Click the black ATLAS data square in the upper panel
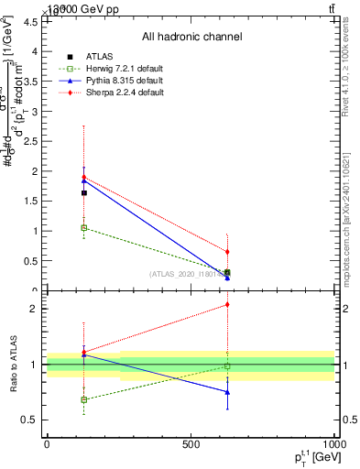[x=84, y=192]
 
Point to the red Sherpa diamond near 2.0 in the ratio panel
[x=227, y=305]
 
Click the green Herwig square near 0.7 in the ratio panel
[x=84, y=399]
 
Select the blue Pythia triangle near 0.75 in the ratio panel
[x=227, y=392]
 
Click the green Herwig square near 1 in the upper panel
[x=84, y=227]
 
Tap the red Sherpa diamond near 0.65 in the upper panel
[x=227, y=251]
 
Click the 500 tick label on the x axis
[x=191, y=444]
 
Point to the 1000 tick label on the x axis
[x=333, y=444]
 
